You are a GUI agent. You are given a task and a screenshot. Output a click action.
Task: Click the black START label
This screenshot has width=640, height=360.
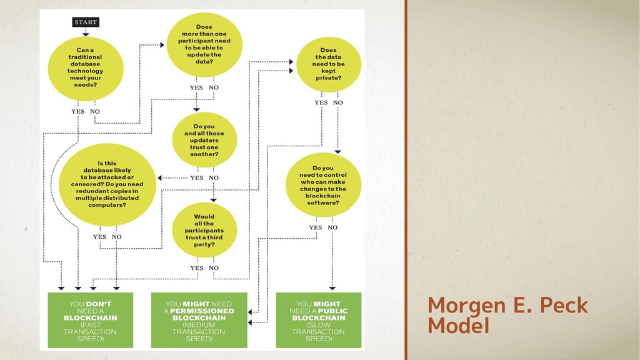[86, 22]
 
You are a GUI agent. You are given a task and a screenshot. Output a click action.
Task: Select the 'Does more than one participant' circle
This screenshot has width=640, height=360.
[204, 44]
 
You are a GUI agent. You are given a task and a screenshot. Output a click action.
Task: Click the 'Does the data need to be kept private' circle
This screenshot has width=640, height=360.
[328, 64]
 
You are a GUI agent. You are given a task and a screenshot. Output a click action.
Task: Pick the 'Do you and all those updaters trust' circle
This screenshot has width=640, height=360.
[204, 140]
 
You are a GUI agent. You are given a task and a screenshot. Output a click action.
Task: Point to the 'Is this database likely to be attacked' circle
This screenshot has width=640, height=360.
[107, 184]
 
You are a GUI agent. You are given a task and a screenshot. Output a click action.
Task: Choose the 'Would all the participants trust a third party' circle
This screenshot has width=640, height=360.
[204, 231]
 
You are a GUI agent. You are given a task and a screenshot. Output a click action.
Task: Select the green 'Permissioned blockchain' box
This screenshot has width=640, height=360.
[199, 320]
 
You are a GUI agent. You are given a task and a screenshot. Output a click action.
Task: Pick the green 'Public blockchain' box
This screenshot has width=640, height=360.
[319, 320]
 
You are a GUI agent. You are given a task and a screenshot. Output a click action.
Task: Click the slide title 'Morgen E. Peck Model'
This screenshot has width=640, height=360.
[507, 316]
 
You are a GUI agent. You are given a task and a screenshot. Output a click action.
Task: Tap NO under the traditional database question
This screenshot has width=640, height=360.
[94, 111]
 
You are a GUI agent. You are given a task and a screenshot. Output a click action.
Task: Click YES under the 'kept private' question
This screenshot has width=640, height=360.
[321, 102]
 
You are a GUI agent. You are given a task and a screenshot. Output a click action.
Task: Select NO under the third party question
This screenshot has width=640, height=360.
[214, 267]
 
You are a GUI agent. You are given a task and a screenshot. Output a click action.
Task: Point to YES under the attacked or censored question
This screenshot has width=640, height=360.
[99, 237]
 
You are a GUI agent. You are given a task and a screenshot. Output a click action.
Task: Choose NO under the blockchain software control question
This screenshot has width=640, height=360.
[332, 227]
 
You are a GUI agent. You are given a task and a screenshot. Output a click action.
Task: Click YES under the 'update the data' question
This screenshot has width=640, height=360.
[196, 87]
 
